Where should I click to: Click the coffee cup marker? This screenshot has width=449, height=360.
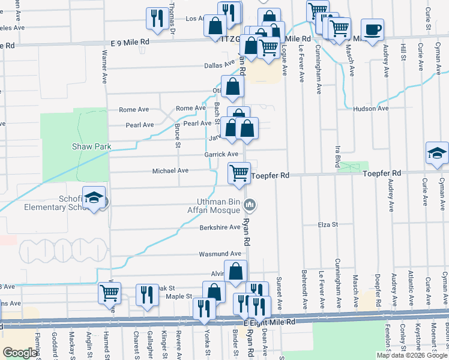coord(372,29)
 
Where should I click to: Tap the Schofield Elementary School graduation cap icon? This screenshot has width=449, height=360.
coord(94,199)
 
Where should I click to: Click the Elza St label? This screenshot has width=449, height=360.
coord(328,224)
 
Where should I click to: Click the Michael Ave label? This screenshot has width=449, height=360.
coord(170,170)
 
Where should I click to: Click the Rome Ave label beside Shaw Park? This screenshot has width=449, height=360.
coord(134,110)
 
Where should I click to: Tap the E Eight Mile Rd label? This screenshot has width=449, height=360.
coord(269,322)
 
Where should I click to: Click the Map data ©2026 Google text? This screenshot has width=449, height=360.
coord(411,355)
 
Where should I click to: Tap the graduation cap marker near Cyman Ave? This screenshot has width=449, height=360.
coord(437,154)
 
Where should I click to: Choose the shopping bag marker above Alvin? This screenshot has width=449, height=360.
coord(235,271)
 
